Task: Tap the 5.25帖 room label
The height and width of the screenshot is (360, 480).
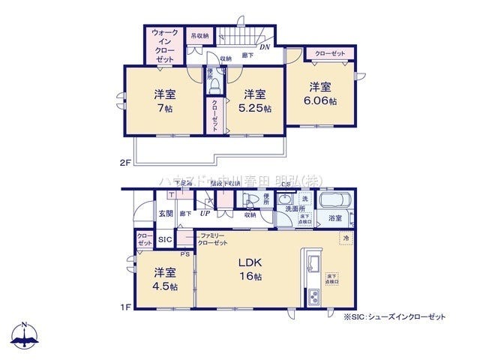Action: [255, 101]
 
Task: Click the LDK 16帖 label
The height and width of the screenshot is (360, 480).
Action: [250, 270]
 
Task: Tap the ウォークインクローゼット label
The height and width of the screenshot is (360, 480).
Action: [165, 46]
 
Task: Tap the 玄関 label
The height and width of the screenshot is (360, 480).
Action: [165, 214]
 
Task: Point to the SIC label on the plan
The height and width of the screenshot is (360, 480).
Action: [165, 240]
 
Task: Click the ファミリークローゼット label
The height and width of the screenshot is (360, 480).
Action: [212, 239]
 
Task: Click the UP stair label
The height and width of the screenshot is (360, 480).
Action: [205, 213]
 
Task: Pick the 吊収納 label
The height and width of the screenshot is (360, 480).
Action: [199, 35]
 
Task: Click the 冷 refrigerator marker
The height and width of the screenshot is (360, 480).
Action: [346, 238]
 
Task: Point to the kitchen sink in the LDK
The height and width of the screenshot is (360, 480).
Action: [312, 263]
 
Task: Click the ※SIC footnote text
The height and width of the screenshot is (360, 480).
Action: [394, 317]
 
